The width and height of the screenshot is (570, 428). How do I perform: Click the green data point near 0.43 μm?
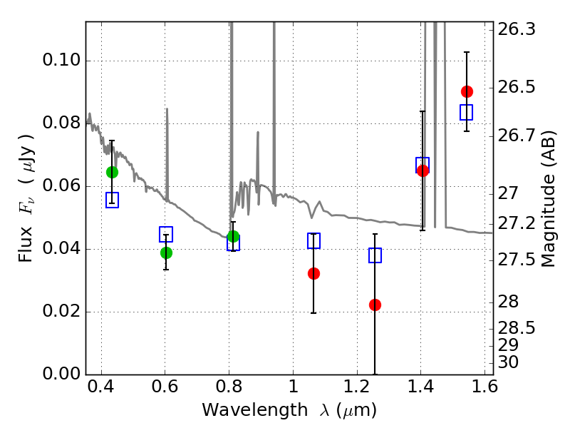(112, 172)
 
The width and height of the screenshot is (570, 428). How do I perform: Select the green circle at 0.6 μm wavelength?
(166, 253)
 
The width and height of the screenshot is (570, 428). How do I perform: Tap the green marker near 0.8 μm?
(233, 237)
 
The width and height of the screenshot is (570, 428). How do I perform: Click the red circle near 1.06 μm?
(313, 273)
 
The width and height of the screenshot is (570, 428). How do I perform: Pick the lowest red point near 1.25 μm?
(375, 305)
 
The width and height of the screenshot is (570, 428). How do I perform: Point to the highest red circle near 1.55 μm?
(467, 92)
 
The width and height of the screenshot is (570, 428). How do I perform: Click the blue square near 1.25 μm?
(375, 255)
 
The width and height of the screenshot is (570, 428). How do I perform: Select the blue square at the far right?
(467, 112)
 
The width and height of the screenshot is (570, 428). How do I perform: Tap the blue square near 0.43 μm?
(112, 200)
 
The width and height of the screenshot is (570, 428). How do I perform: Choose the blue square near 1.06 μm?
(313, 240)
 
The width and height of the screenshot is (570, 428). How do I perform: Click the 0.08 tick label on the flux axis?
(61, 123)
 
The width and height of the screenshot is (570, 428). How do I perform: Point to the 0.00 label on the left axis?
(61, 374)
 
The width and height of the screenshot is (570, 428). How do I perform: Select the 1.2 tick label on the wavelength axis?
(357, 387)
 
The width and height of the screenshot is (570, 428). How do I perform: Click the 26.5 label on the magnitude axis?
(516, 87)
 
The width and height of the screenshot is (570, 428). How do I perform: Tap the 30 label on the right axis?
(508, 362)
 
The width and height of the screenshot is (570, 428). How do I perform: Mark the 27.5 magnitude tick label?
(516, 260)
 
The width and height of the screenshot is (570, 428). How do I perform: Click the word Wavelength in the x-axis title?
(255, 410)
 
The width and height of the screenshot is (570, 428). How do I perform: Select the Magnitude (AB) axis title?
(549, 199)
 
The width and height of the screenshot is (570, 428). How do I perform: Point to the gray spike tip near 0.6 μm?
(167, 108)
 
